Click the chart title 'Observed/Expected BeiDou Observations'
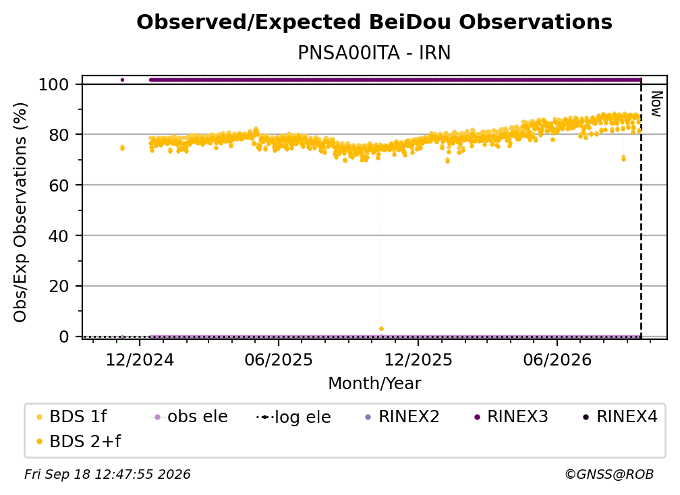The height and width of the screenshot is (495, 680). tap(374, 22)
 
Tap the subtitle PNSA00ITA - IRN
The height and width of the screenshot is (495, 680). tap(374, 53)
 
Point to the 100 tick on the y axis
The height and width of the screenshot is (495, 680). tap(54, 84)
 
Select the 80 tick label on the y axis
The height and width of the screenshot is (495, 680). tap(59, 135)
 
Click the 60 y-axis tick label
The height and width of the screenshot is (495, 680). tap(59, 185)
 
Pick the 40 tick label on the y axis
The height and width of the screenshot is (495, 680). tap(59, 236)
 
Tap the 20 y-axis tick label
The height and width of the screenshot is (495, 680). tap(59, 287)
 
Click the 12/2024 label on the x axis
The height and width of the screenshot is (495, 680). tap(140, 359)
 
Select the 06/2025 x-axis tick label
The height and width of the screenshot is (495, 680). tap(279, 359)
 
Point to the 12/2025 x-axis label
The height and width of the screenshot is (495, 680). tap(418, 359)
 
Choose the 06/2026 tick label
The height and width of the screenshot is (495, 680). tap(557, 359)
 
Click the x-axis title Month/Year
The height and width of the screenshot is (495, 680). tap(374, 384)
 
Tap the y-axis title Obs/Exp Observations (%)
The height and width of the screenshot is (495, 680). tap(20, 212)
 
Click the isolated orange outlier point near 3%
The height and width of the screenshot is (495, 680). tap(381, 329)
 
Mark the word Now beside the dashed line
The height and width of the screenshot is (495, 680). tap(656, 104)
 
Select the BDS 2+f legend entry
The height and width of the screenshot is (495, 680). tap(78, 441)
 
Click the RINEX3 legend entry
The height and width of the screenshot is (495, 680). tap(511, 417)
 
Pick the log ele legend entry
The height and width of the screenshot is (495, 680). tap(293, 417)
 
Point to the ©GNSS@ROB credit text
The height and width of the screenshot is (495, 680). tap(609, 474)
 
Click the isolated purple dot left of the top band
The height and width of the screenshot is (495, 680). tap(122, 80)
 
